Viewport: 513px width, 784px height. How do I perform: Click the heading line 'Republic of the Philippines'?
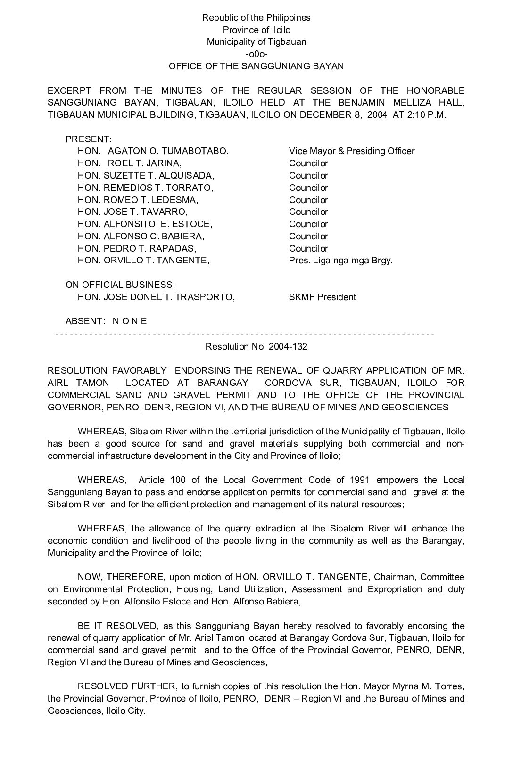pyautogui.click(x=256, y=18)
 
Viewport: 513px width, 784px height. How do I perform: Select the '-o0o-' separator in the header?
pyautogui.click(x=256, y=54)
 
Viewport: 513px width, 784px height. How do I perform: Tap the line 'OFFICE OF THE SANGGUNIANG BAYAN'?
pyautogui.click(x=256, y=66)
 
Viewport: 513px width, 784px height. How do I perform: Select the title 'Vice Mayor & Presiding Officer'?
pyautogui.click(x=352, y=151)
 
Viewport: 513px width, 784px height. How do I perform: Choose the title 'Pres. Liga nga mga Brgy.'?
pyautogui.click(x=340, y=261)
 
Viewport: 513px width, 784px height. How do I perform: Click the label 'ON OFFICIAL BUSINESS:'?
pyautogui.click(x=120, y=285)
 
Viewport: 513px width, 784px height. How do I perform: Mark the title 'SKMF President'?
pyautogui.click(x=323, y=297)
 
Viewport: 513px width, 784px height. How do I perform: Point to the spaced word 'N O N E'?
pyautogui.click(x=130, y=321)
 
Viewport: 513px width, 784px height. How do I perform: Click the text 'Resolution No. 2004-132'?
pyautogui.click(x=256, y=347)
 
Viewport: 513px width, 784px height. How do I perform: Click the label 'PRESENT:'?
pyautogui.click(x=89, y=139)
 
